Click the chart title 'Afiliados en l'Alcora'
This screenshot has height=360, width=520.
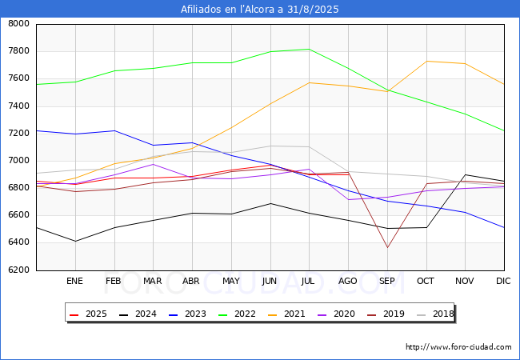(260, 10)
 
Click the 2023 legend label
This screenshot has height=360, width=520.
(189, 314)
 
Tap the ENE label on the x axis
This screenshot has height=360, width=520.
(74, 281)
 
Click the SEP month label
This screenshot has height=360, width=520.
(387, 281)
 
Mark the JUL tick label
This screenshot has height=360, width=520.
(309, 281)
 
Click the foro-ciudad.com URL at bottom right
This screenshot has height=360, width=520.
(458, 347)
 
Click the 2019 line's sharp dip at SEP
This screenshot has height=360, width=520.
(387, 247)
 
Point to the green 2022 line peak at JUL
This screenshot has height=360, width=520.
(309, 49)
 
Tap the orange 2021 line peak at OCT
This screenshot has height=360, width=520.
(426, 61)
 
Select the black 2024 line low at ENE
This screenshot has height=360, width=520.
(74, 241)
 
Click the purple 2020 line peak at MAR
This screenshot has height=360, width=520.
(153, 164)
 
